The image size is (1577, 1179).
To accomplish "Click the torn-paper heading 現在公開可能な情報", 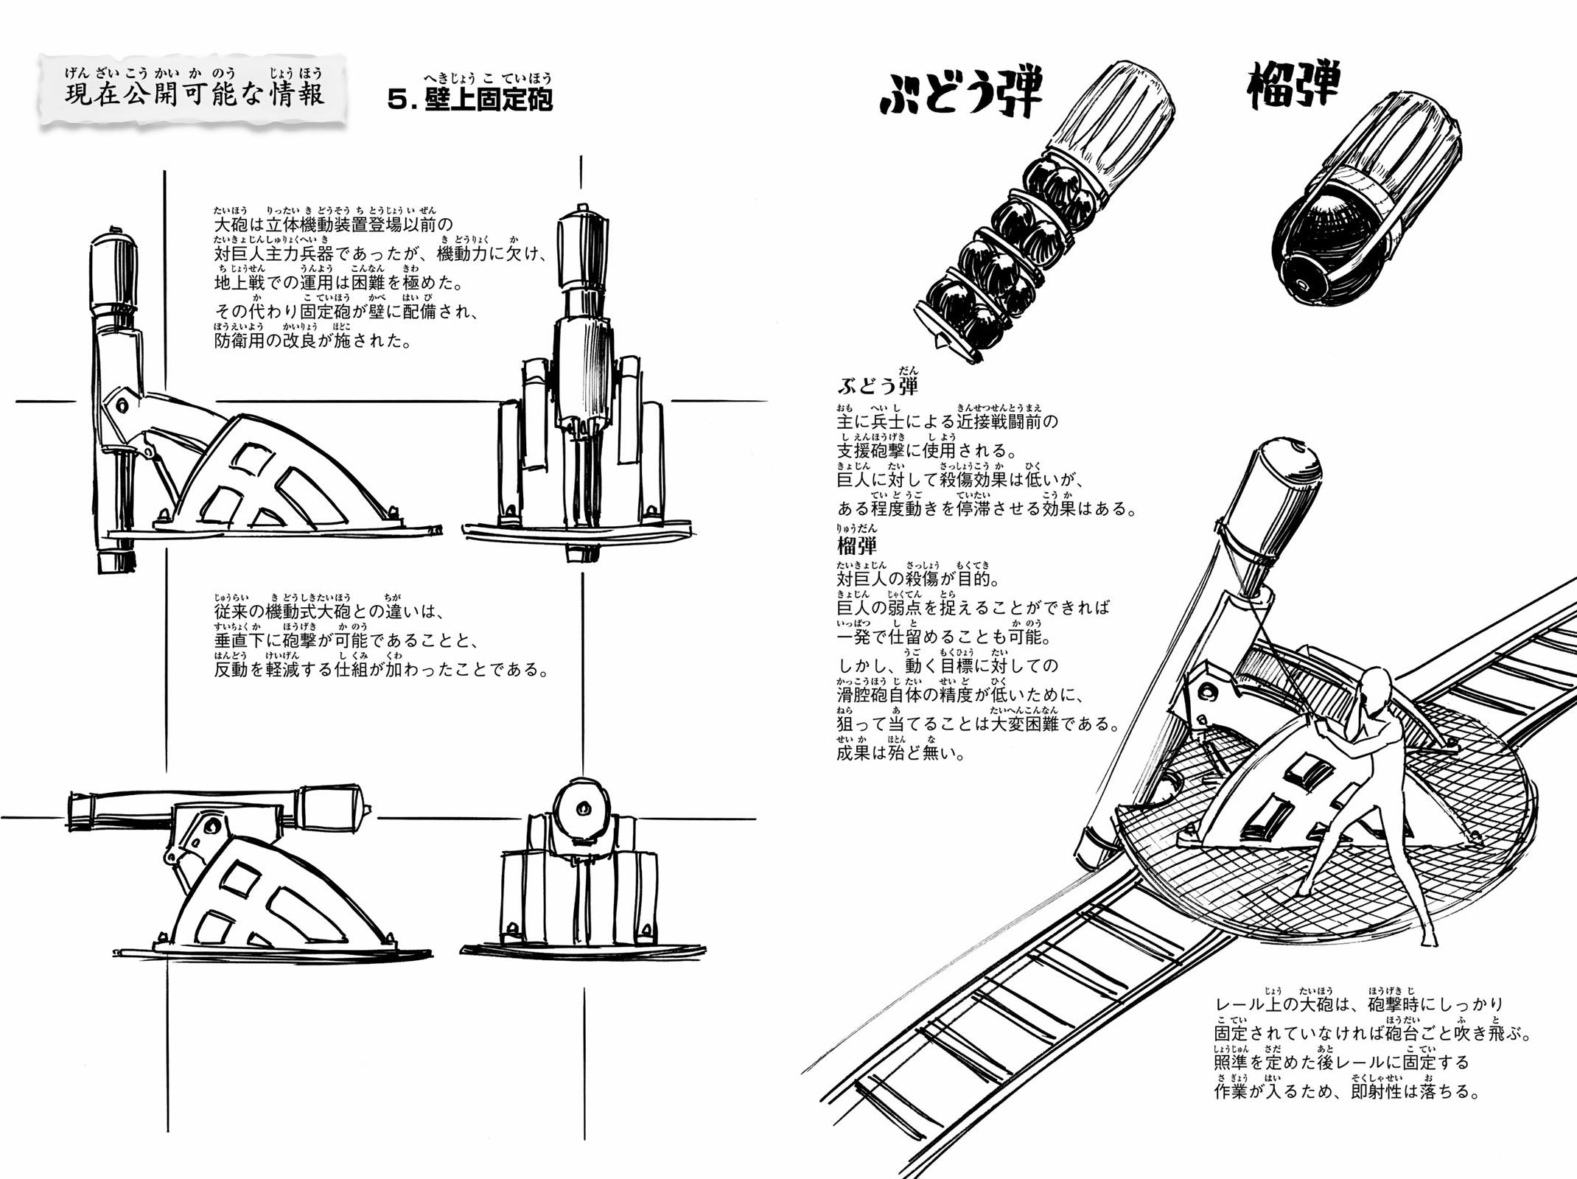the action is tap(194, 91).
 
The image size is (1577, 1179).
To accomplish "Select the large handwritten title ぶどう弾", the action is tap(962, 94).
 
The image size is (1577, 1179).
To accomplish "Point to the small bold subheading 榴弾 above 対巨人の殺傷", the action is tap(857, 546).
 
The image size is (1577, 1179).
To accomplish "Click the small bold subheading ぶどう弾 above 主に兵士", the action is tap(878, 385).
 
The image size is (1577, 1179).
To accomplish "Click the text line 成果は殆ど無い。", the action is tap(901, 753).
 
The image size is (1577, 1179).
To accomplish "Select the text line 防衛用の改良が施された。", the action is tap(312, 340).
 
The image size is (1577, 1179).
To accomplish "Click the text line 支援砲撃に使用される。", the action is tap(926, 449).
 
